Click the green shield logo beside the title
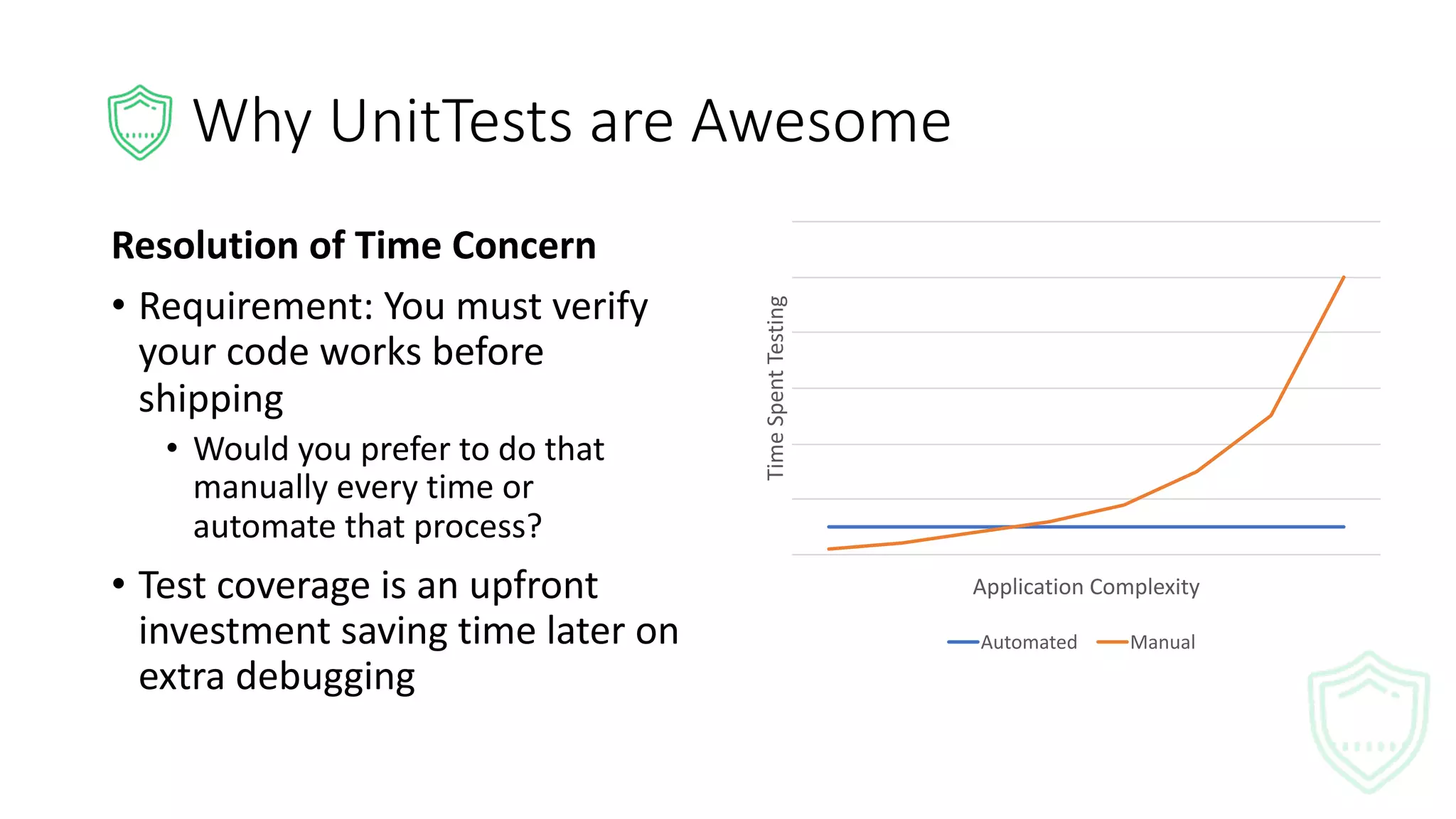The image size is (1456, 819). tap(140, 122)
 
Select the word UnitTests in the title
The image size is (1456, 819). tap(451, 122)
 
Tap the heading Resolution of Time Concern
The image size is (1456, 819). tap(353, 245)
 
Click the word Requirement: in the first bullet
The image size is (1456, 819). tap(255, 307)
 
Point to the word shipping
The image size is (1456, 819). tap(210, 399)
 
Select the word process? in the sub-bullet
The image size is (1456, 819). tap(478, 527)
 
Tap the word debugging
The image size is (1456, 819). tap(325, 677)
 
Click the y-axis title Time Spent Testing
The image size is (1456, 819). tap(776, 387)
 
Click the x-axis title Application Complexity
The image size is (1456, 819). tap(1086, 587)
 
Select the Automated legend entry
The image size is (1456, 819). tap(1012, 642)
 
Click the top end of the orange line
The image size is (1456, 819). tap(1343, 277)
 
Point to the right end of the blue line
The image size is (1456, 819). tap(1343, 527)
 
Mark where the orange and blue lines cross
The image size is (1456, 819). tap(1013, 527)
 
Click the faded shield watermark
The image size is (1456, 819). tap(1369, 722)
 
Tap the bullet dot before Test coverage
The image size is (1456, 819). tap(119, 584)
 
